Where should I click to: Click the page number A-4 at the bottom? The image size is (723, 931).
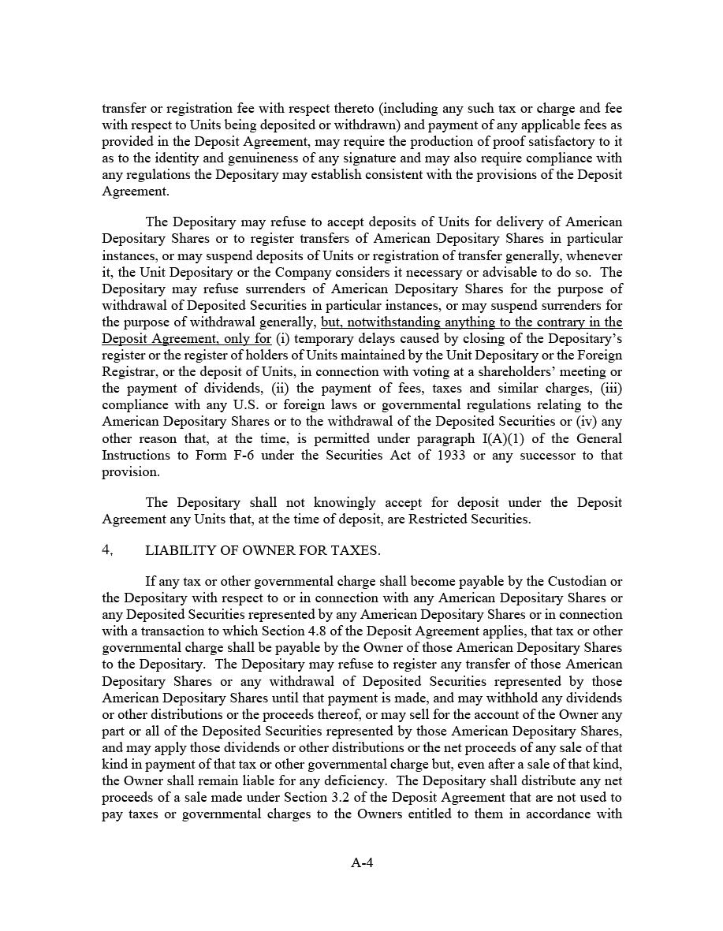tap(362, 862)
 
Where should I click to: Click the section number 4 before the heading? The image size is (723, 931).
tap(107, 550)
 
